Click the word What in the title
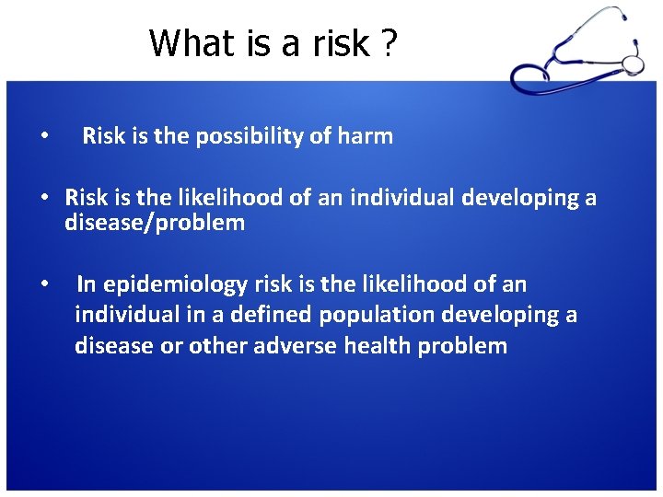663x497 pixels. [x=188, y=42]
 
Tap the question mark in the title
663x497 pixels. [x=388, y=42]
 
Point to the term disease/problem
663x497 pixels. [x=155, y=223]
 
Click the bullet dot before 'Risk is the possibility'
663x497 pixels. [x=45, y=138]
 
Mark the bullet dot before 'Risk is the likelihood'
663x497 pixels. [x=45, y=199]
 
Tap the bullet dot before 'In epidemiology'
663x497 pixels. [x=45, y=285]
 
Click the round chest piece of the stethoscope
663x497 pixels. [x=633, y=63]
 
